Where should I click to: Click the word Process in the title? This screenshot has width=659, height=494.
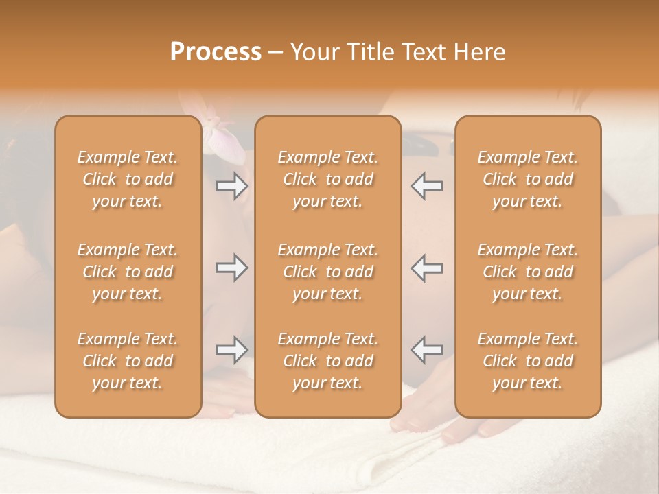coord(216,52)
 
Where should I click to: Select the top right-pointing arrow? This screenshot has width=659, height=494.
coord(231,186)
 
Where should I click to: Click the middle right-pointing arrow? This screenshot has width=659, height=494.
coord(231,268)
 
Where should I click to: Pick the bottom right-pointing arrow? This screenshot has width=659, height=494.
coord(231,350)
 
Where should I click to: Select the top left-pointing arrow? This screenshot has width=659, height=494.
coord(426,186)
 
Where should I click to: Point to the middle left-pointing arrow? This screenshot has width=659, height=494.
coord(426,268)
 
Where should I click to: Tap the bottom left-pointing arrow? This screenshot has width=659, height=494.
coord(426,350)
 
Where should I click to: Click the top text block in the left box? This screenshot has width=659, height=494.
coord(128,179)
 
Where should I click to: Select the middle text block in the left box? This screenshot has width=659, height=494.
coord(128,272)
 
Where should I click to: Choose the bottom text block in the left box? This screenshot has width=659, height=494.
coord(128,361)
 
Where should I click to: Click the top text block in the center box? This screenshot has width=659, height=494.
coord(327,179)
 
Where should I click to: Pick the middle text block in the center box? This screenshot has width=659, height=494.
coord(327,272)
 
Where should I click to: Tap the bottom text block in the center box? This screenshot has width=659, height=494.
coord(327,361)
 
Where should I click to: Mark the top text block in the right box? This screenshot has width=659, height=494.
coord(527,179)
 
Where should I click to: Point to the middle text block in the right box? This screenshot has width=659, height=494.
coord(527,272)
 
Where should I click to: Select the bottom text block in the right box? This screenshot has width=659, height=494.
coord(527,361)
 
